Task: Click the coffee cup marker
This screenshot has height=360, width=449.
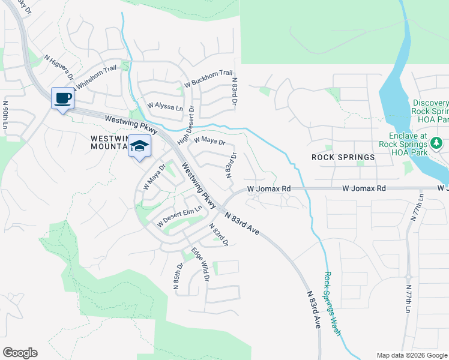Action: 62,98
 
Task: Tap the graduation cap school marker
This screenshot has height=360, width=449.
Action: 139,146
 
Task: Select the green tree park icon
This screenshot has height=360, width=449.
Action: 437,144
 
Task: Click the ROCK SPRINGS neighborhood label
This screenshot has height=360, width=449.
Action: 343,157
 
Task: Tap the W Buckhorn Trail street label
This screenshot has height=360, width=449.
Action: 208,78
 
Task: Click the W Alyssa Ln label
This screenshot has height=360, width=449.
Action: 165,107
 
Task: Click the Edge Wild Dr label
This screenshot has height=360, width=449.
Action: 200,265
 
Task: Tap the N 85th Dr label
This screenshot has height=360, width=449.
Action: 178,277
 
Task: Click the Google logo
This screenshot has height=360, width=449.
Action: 20,353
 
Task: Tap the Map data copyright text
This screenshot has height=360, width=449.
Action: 412,355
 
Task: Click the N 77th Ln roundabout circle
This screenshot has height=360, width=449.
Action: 408,277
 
